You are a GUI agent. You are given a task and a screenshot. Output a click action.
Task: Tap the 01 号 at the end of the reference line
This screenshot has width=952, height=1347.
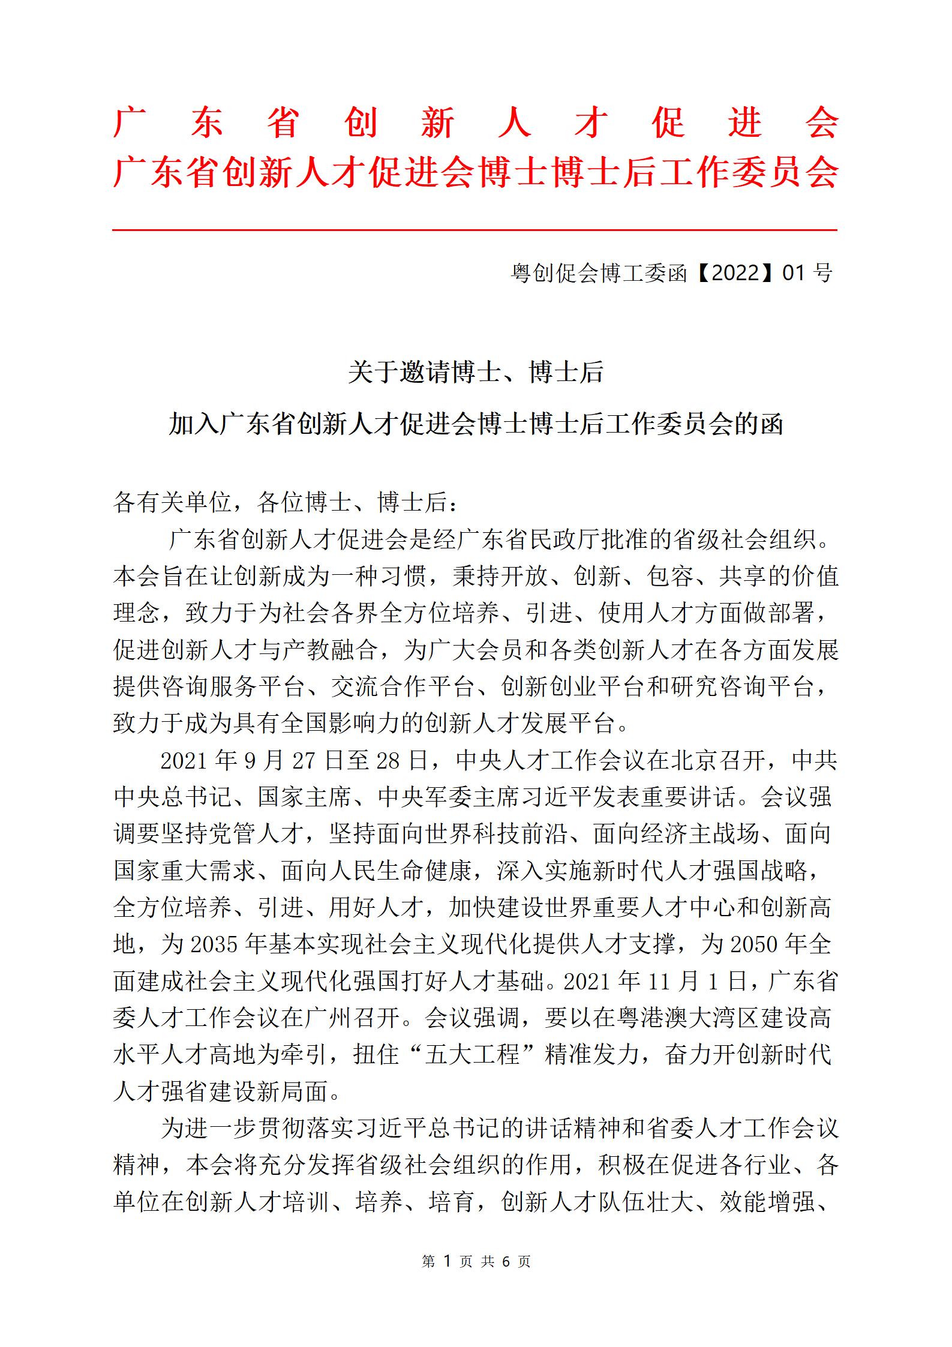point(807,273)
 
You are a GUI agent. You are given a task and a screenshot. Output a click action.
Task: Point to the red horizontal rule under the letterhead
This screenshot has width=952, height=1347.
point(475,230)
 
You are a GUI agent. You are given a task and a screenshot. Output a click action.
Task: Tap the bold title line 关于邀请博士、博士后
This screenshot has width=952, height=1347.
point(476,373)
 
